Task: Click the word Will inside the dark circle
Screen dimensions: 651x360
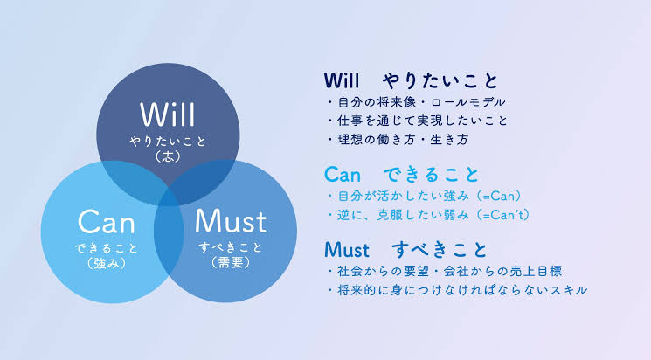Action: pos(167,114)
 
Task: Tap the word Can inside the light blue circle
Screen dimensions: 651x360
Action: pos(107,221)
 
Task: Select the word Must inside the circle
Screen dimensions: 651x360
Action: pos(231,220)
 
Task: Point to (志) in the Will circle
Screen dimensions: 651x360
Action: pos(168,156)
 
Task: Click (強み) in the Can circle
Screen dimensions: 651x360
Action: pos(107,263)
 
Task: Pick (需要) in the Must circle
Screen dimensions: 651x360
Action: pos(231,262)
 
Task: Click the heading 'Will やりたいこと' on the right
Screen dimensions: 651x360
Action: pos(411,80)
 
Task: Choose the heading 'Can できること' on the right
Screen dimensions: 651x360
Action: pos(401,175)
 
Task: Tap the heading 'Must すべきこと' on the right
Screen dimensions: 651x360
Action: pos(405,250)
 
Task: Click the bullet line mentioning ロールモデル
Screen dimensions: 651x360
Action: pos(416,102)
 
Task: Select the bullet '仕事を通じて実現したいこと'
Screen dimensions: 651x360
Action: pos(418,121)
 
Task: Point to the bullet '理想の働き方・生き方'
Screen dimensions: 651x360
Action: pos(398,140)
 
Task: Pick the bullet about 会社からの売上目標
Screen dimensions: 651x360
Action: pos(444,272)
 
